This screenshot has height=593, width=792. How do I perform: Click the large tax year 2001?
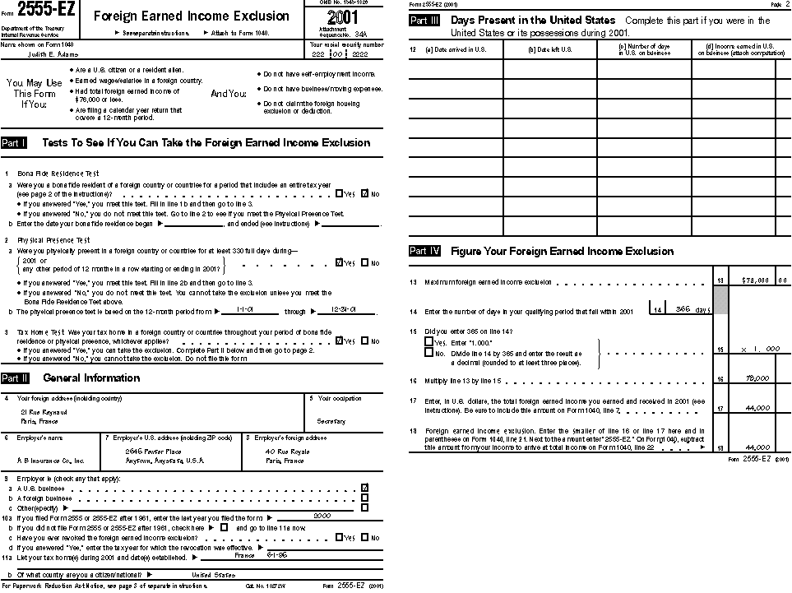pos(342,18)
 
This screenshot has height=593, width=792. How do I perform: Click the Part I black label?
pos(14,142)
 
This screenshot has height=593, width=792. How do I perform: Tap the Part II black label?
pos(15,378)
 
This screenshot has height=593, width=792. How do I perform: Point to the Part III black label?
pos(427,21)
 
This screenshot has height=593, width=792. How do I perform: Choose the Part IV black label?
pos(427,252)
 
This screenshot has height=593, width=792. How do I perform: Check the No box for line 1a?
pos(365,194)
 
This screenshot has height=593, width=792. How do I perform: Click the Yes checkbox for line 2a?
pos(340,263)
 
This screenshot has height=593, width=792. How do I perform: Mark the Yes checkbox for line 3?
pos(340,341)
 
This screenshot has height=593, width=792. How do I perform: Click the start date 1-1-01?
pos(244,311)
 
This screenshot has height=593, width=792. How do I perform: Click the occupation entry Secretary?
pos(331,421)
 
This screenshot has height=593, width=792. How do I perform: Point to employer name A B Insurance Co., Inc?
pos(50,461)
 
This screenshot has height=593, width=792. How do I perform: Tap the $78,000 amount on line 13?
pos(755,280)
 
